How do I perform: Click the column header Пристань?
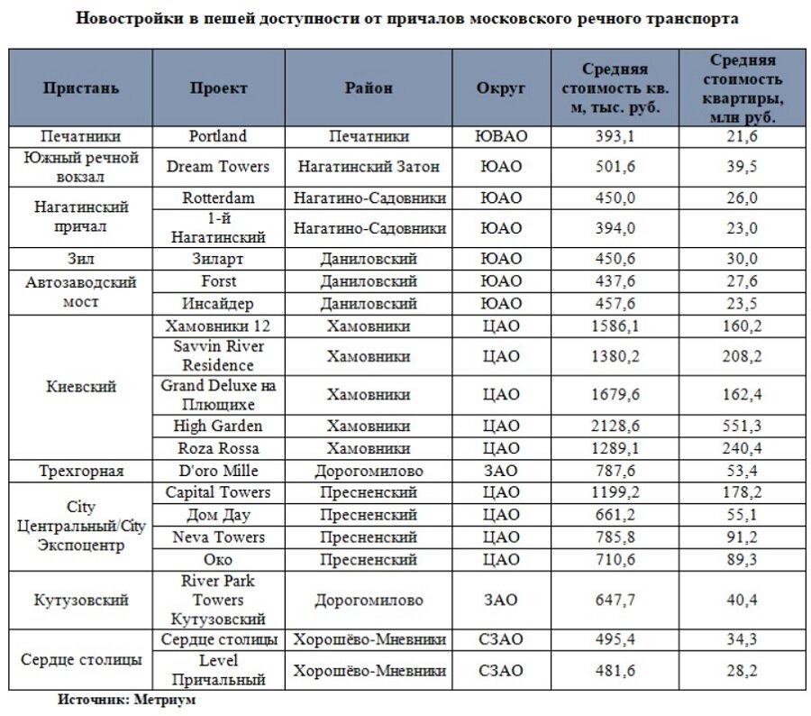click(x=80, y=88)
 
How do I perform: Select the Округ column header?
click(x=500, y=88)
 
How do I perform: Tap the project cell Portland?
click(x=218, y=136)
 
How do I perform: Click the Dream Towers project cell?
click(x=218, y=167)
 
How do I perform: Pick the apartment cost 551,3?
click(x=742, y=426)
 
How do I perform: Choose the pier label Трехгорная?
click(x=80, y=471)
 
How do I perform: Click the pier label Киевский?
click(x=80, y=387)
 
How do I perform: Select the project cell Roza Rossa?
click(x=218, y=448)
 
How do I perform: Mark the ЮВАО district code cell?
click(x=500, y=136)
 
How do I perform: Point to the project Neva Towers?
click(x=218, y=537)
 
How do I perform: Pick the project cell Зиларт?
click(x=218, y=259)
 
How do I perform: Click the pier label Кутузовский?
click(x=80, y=600)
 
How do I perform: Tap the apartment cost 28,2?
click(x=742, y=671)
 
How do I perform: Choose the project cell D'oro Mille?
click(x=218, y=471)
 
